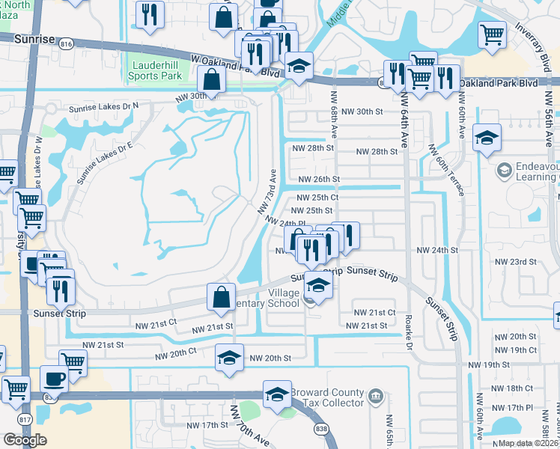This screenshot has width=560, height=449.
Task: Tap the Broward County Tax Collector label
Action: [332, 397]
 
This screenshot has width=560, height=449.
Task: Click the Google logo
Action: [25, 440]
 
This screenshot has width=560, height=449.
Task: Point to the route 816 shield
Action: [67, 45]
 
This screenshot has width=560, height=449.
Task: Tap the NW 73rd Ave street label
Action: [275, 190]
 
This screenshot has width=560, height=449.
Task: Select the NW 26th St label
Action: [319, 180]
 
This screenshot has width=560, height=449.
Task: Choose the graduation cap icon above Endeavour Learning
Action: [487, 138]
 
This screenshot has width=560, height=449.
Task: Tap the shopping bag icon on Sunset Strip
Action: [222, 297]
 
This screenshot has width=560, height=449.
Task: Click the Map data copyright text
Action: [529, 443]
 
